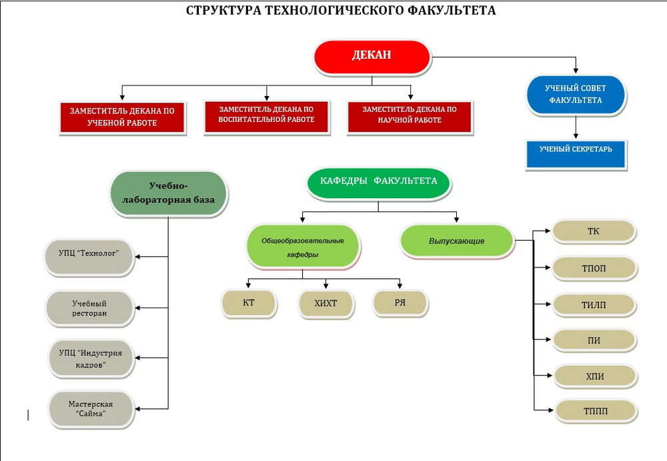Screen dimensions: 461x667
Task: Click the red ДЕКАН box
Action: (372, 56)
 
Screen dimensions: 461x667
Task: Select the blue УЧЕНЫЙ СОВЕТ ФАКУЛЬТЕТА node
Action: (575, 94)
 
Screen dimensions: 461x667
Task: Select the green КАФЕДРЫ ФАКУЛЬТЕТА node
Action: (378, 181)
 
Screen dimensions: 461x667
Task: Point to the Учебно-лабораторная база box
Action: (169, 193)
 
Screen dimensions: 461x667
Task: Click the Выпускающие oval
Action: (457, 241)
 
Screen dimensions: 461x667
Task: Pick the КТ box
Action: (249, 302)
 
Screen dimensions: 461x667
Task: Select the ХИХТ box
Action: (325, 303)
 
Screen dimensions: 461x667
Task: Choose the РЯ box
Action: (400, 302)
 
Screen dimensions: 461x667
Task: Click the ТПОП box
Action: (593, 268)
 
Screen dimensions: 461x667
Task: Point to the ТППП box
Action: (596, 411)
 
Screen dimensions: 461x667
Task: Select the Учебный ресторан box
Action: (89, 308)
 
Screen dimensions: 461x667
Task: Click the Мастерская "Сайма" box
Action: (90, 409)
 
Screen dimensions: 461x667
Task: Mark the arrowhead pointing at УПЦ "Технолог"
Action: (139, 255)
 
